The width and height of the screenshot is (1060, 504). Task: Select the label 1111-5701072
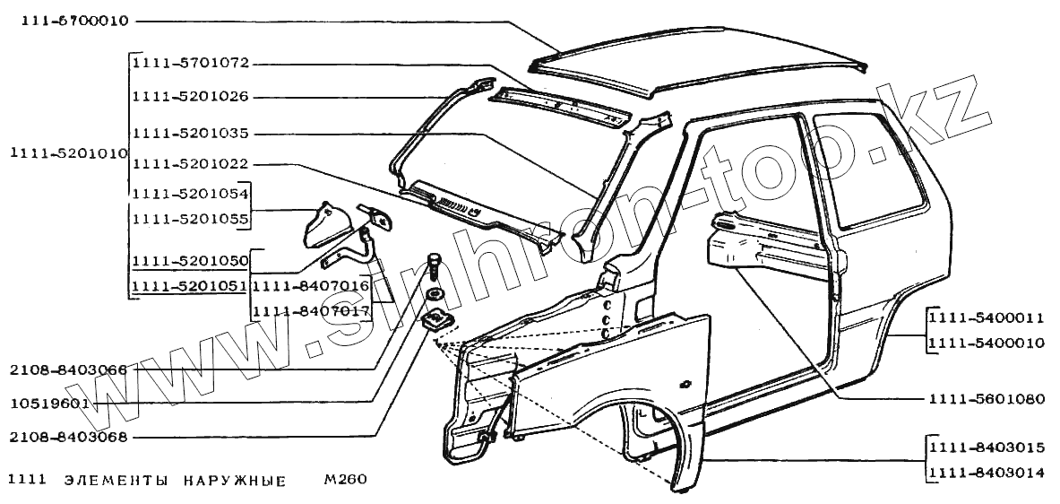[189, 65]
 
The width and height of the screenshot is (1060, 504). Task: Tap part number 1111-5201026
[189, 97]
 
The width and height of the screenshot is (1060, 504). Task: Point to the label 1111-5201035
[189, 134]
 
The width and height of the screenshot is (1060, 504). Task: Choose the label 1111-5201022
[189, 165]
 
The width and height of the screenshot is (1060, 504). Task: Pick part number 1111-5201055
[189, 218]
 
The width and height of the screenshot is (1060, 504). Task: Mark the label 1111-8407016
[311, 287]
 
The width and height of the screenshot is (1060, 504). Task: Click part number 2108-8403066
[67, 369]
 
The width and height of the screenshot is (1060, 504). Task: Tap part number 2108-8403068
[67, 438]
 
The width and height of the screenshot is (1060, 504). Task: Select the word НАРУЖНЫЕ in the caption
[235, 480]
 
